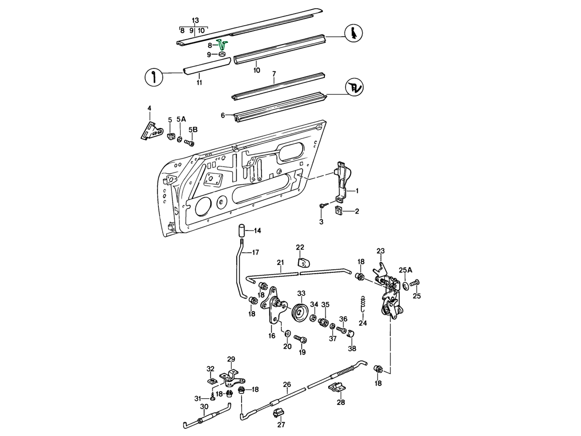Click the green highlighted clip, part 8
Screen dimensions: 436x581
point(223,45)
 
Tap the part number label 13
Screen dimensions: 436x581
point(195,20)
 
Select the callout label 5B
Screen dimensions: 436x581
point(193,130)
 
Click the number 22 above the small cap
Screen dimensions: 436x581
point(300,247)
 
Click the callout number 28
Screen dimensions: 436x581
point(341,402)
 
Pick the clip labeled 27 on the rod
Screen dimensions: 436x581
point(278,413)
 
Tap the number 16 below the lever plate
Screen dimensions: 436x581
point(272,335)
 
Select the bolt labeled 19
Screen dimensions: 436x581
point(301,340)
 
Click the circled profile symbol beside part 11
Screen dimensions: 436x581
point(154,77)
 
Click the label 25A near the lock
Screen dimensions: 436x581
point(406,270)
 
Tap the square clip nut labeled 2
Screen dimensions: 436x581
point(339,211)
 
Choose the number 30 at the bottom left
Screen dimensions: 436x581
point(204,406)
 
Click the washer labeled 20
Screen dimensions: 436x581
point(288,334)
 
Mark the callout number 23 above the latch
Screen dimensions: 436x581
point(381,250)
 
